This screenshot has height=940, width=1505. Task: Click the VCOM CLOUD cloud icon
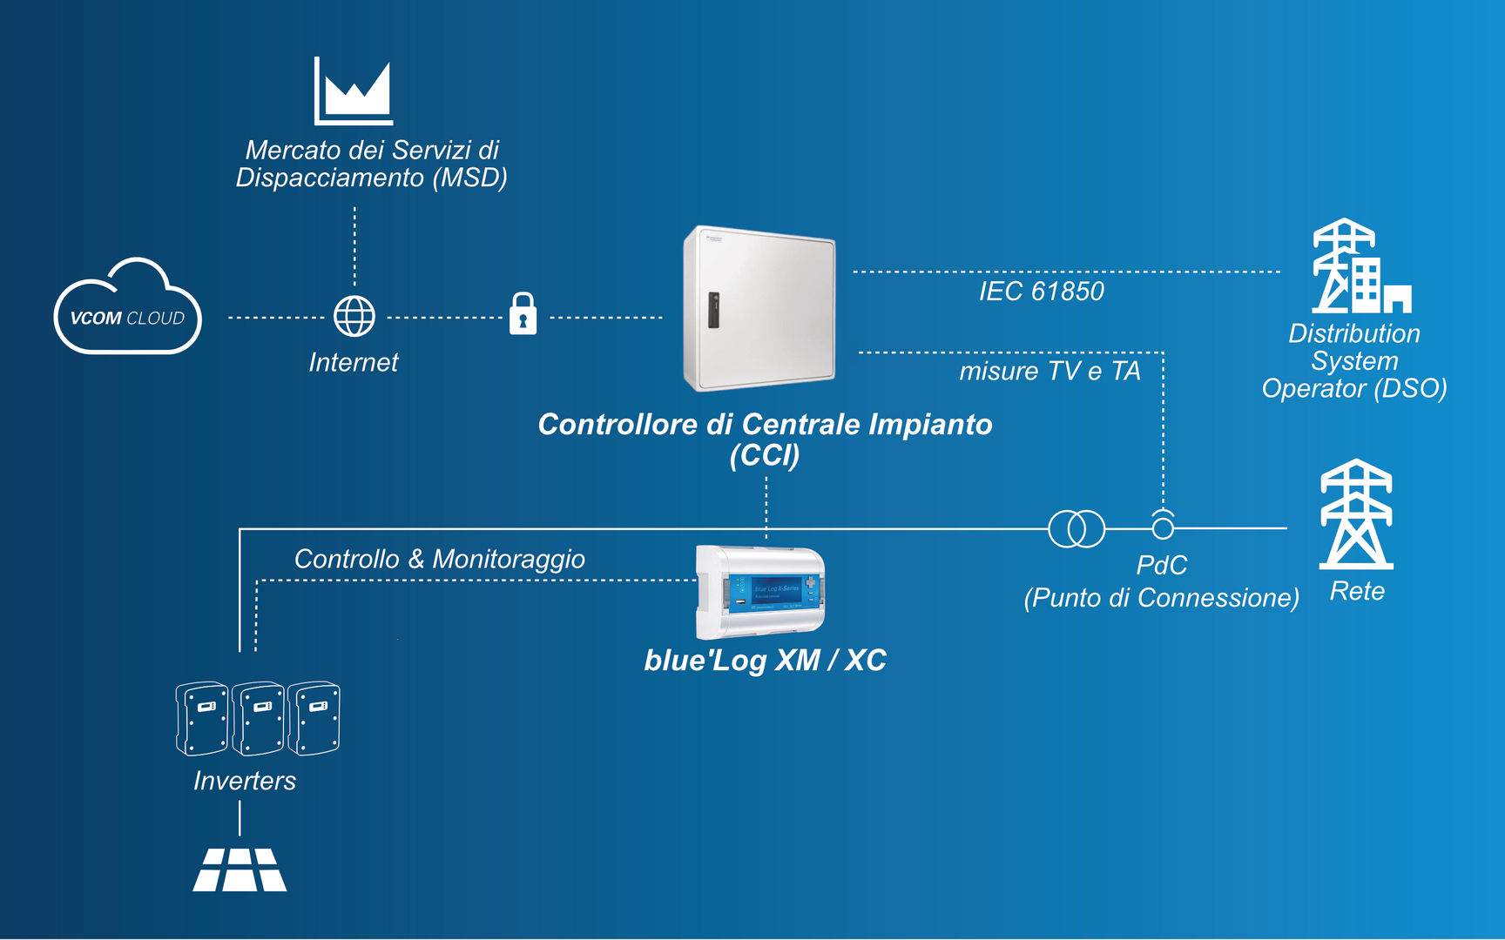(128, 309)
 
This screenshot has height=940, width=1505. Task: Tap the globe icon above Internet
(354, 317)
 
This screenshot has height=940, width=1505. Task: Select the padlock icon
(523, 314)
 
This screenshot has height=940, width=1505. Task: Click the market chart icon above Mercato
(354, 91)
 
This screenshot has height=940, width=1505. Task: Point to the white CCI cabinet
(759, 309)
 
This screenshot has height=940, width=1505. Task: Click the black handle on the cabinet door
(713, 310)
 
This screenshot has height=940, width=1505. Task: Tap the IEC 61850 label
(1041, 292)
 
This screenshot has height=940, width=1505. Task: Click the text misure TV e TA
(1049, 372)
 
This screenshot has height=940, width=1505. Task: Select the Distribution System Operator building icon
(1360, 266)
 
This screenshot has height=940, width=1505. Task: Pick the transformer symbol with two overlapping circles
(1076, 528)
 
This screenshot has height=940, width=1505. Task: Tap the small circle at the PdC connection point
(1163, 527)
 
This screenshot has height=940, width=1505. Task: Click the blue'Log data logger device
(760, 592)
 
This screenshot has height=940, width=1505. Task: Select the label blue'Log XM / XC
(765, 661)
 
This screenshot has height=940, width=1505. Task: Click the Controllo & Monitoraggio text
(440, 559)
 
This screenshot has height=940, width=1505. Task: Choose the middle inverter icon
(258, 719)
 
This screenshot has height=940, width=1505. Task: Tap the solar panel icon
(240, 869)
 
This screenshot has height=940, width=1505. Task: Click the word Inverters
(245, 782)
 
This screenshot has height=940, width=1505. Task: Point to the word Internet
(353, 363)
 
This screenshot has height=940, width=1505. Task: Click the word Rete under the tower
(1357, 592)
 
